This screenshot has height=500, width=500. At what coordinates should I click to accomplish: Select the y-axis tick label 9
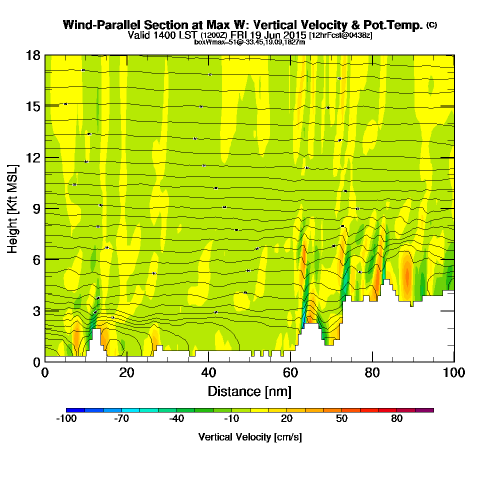36,208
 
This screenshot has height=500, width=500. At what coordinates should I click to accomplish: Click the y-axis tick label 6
36,259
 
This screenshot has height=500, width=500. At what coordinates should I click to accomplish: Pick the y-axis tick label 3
36,310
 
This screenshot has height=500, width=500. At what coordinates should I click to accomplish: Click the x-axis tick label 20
127,373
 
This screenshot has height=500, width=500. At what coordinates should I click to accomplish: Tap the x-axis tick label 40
208,373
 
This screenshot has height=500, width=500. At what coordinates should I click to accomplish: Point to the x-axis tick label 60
290,373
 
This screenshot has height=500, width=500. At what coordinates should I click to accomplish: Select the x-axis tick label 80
372,373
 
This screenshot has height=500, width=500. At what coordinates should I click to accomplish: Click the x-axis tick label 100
454,373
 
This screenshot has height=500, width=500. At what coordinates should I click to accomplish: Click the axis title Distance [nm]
249,390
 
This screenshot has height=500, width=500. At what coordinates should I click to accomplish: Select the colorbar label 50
342,419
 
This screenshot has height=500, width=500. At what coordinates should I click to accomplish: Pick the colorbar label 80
397,419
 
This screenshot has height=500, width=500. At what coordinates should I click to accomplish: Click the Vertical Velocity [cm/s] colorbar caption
250,437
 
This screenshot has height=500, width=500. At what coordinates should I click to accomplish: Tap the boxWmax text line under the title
249,42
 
